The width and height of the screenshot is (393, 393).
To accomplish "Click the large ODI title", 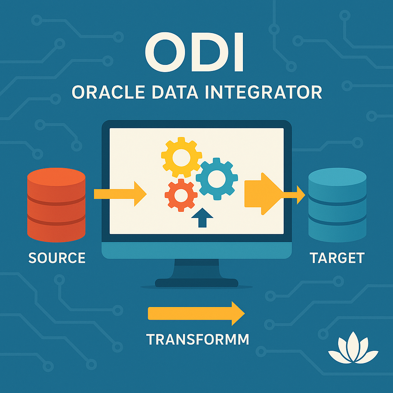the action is click(x=194, y=52).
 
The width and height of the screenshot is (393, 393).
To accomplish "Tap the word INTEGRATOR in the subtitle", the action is click(x=263, y=92).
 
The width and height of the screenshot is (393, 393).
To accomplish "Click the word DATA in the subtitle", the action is click(x=175, y=92).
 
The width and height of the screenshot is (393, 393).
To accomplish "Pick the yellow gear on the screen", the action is click(x=182, y=157).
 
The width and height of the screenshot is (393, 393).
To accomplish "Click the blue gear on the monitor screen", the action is click(x=217, y=179).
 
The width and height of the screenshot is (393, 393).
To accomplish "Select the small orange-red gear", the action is click(x=181, y=195).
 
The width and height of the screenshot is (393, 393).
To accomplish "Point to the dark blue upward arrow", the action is click(x=202, y=218).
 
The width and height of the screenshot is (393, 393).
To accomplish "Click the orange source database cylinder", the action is click(x=56, y=205).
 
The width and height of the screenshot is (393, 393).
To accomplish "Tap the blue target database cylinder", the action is click(x=337, y=205).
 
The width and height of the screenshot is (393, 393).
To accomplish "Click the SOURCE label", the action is click(x=57, y=258).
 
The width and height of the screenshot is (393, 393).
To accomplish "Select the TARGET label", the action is click(x=337, y=258).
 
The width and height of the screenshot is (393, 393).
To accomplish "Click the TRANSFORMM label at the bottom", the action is click(x=198, y=339).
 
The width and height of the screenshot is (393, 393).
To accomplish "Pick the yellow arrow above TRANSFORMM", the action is click(x=196, y=313).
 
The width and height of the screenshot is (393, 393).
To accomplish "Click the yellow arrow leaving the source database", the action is click(x=120, y=194).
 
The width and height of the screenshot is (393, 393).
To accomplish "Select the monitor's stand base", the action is click(x=196, y=283).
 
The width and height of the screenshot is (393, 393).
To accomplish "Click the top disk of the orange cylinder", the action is click(x=56, y=177).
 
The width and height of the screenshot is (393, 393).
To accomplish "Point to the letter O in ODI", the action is click(x=165, y=52).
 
